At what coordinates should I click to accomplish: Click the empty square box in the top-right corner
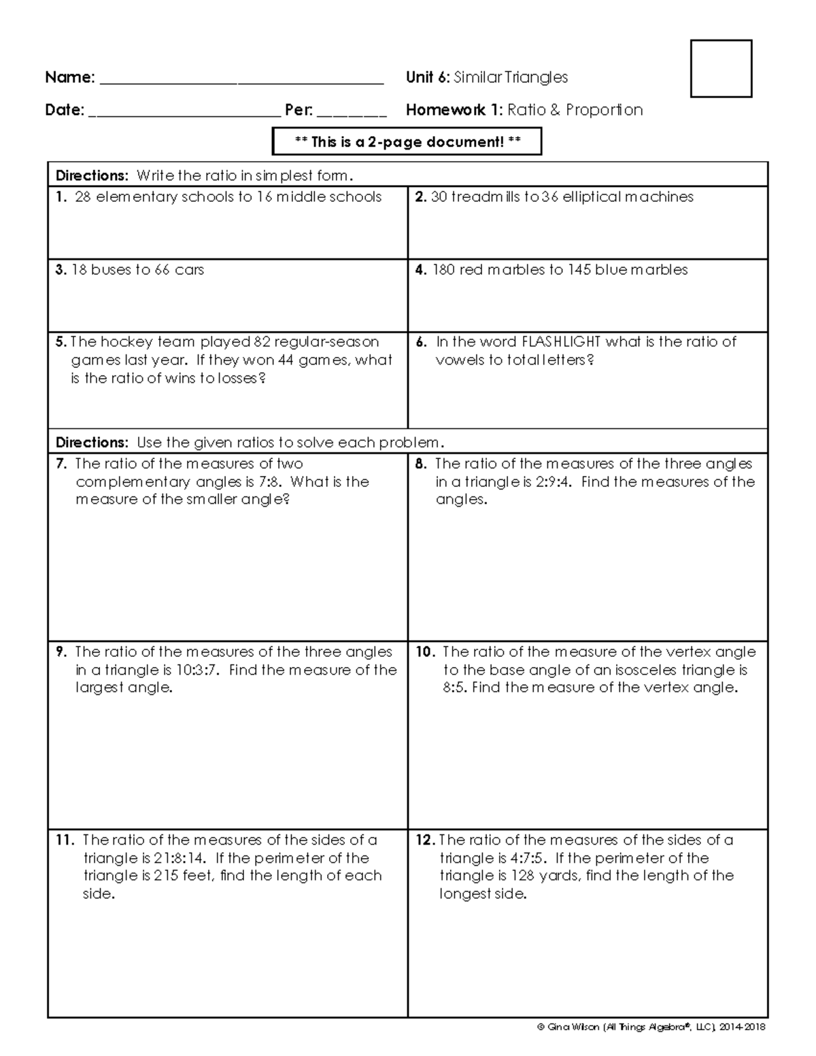tap(721, 69)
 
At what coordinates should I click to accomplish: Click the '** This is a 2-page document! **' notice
tap(407, 142)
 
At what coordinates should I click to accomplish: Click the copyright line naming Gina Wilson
tap(651, 1027)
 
